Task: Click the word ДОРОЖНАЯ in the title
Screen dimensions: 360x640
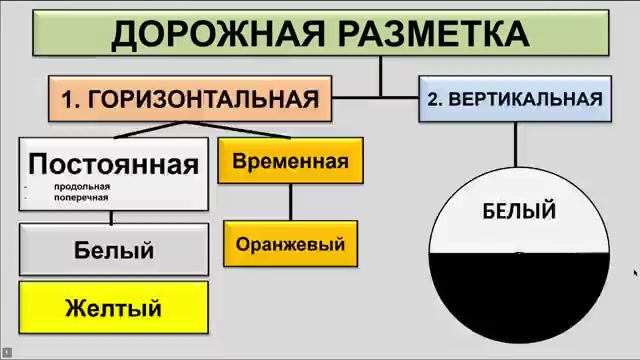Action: pyautogui.click(x=205, y=33)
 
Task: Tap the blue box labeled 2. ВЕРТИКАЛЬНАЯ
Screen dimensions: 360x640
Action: pyautogui.click(x=514, y=98)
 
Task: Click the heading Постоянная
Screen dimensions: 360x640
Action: pyautogui.click(x=114, y=164)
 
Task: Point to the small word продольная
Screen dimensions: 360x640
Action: pyautogui.click(x=82, y=186)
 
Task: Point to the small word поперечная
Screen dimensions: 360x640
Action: pyautogui.click(x=82, y=197)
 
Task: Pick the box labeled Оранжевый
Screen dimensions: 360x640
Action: pyautogui.click(x=290, y=243)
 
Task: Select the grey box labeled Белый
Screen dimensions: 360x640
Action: pyautogui.click(x=114, y=250)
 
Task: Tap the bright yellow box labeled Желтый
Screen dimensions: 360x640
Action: pyautogui.click(x=114, y=307)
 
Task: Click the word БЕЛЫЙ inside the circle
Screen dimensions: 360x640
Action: pyautogui.click(x=519, y=211)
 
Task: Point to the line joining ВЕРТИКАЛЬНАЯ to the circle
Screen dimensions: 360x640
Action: pyautogui.click(x=515, y=143)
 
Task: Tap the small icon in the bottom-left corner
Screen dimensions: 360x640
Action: pyautogui.click(x=6, y=352)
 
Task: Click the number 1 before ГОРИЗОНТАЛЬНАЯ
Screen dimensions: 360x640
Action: pyautogui.click(x=68, y=98)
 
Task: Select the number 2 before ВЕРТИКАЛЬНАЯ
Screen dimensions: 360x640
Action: pyautogui.click(x=433, y=98)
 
